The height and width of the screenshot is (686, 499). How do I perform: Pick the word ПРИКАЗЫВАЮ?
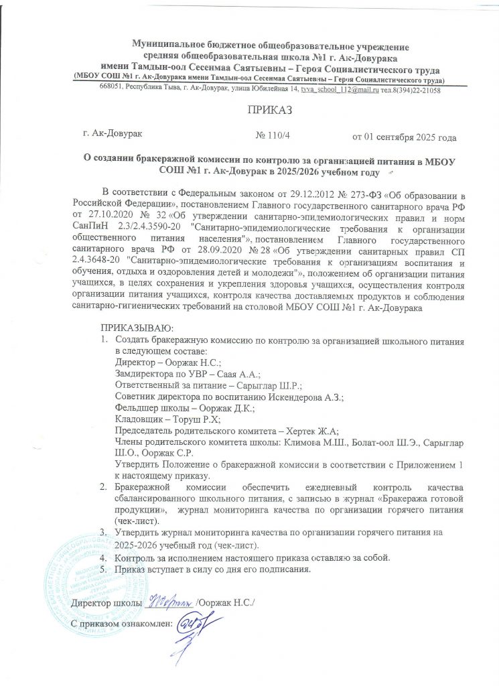click(x=137, y=328)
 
